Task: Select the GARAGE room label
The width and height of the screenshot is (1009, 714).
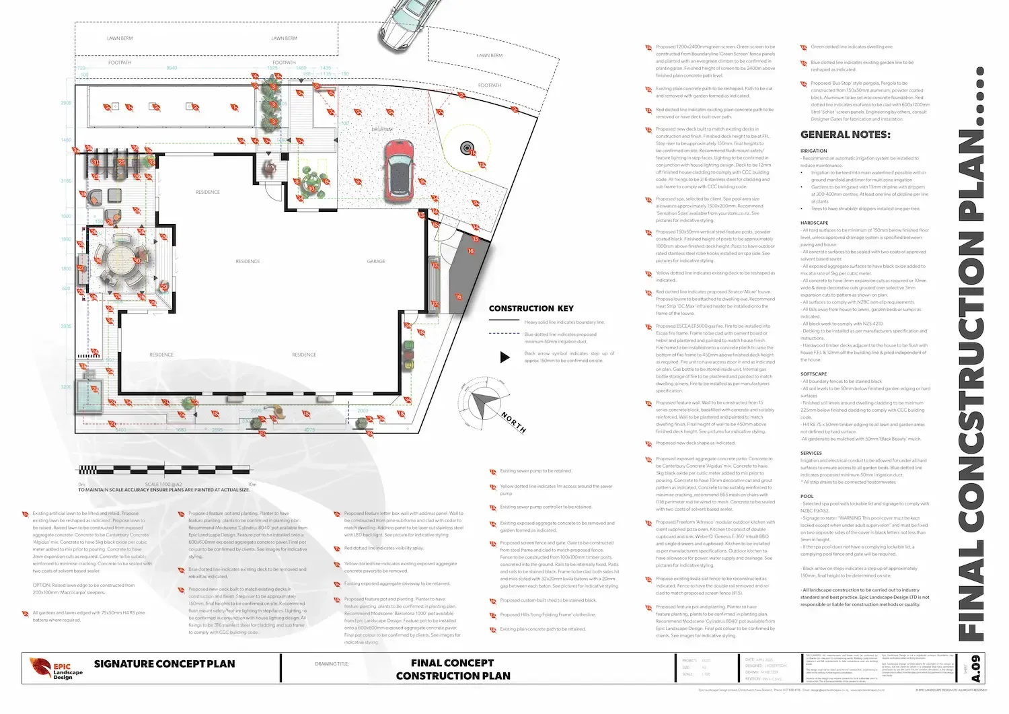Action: point(376,261)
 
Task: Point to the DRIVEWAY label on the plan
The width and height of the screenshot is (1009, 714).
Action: point(382,129)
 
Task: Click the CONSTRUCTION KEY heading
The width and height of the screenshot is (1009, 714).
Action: point(531,308)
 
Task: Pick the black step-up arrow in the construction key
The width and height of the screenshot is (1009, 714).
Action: point(504,357)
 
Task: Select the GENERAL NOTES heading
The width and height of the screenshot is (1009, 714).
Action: point(845,135)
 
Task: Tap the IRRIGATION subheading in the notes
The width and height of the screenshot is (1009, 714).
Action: point(813,151)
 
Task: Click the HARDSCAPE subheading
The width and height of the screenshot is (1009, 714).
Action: point(814,223)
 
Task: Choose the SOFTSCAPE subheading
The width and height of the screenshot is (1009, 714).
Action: point(813,373)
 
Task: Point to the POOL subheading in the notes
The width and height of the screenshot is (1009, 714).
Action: point(807,496)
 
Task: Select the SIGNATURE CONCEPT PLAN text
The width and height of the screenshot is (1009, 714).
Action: point(164,664)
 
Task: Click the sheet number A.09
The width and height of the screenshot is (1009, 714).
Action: point(976,668)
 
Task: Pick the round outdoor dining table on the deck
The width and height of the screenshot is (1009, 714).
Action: point(121,258)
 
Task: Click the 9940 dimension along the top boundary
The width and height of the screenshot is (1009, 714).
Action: point(172,68)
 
